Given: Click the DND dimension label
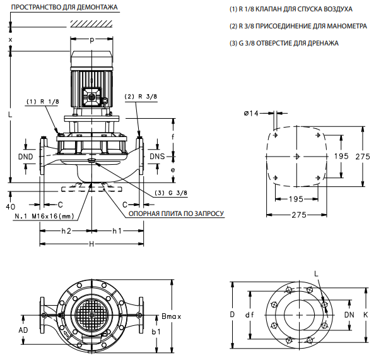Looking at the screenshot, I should pos(25,156).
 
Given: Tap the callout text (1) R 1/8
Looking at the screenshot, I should pos(42,101).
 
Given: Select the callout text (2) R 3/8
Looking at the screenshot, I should pos(141,96).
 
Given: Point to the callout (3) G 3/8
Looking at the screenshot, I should pos(172,193).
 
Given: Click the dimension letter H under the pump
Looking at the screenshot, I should pos(91,244).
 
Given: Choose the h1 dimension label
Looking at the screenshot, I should pos(117,231).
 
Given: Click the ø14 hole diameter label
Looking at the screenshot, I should pos(252,113).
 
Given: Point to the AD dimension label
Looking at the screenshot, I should pos(23,330).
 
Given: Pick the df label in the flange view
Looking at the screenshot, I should pos(250,314).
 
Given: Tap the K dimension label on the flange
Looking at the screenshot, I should pos(365,314).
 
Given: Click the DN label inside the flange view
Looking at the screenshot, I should pos(349,314).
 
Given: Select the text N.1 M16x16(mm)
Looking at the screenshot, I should pos(45,216).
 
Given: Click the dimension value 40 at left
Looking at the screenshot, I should pos(9,207).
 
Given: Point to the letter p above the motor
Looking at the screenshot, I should pos(92,40).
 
